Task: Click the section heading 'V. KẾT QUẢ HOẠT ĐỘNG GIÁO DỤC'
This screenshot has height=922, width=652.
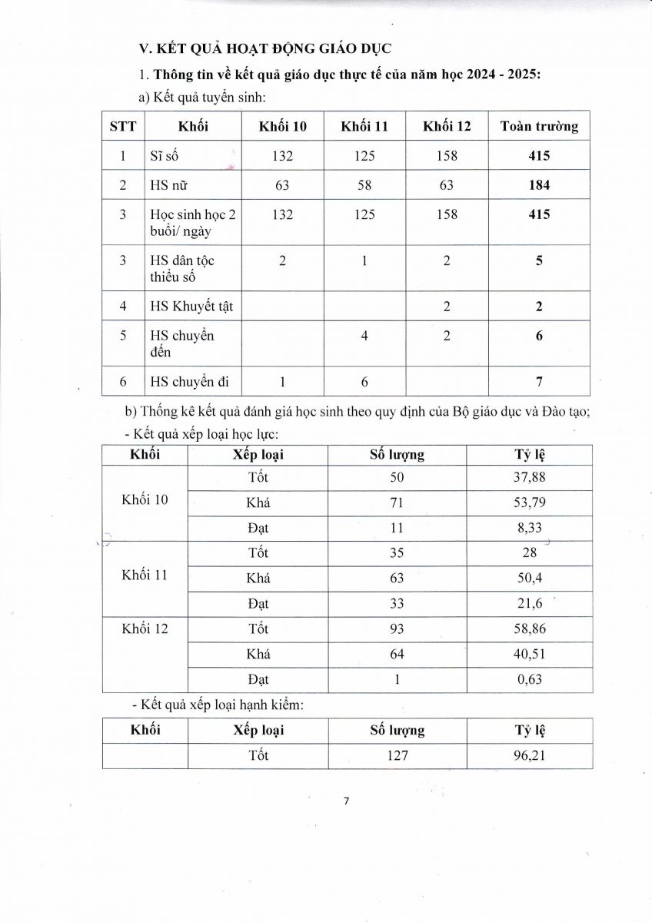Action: [265, 48]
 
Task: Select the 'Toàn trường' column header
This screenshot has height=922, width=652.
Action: [539, 126]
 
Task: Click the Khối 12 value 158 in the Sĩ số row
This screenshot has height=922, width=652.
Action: [446, 156]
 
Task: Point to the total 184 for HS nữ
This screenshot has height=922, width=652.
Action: [539, 185]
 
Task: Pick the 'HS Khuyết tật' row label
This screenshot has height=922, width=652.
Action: [191, 307]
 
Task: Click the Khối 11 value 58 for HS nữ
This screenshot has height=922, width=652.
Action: [364, 185]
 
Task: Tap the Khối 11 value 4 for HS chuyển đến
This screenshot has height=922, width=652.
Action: [364, 337]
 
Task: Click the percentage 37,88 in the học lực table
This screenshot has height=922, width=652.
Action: [530, 478]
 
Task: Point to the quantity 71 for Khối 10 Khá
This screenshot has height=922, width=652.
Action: [397, 503]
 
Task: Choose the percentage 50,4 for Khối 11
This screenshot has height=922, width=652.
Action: [530, 578]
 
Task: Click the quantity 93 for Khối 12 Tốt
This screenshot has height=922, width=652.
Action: [397, 628]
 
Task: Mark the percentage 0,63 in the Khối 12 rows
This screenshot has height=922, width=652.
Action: [530, 679]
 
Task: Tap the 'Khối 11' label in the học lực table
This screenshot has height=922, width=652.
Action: [145, 576]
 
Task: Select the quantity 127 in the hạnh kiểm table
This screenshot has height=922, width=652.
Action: [397, 755]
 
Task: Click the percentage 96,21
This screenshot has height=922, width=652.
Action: [530, 755]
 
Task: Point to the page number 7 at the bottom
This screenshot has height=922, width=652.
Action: [346, 801]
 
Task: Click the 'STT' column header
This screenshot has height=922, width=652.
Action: [123, 126]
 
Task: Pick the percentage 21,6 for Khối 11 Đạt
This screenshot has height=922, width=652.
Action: [530, 604]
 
